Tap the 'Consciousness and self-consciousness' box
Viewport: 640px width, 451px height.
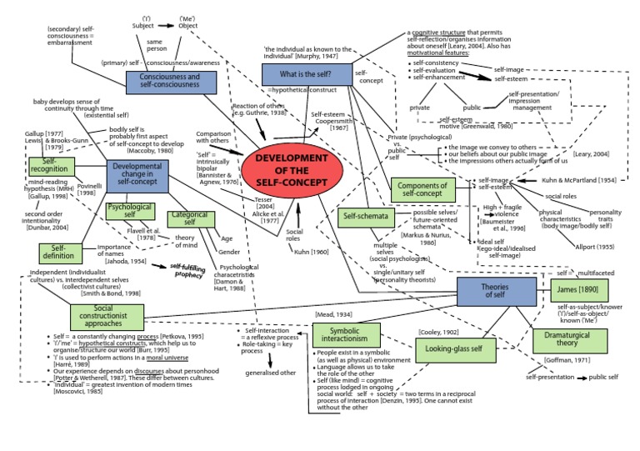pyautogui.click(x=174, y=82)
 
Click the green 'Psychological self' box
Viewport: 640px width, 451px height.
pyautogui.click(x=130, y=210)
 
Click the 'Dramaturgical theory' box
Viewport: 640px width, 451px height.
pyautogui.click(x=594, y=340)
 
